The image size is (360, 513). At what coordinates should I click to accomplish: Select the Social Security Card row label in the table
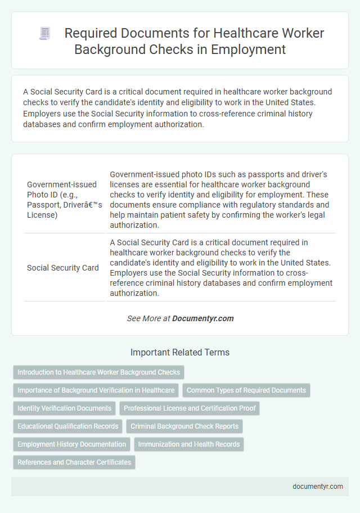click(63, 268)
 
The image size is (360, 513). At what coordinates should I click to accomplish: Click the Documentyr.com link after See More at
click(202, 318)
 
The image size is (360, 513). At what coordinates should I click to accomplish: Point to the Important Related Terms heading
click(180, 353)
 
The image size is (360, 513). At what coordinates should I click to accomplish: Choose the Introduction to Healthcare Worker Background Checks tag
click(98, 372)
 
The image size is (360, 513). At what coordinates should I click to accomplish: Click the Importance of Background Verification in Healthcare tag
click(96, 390)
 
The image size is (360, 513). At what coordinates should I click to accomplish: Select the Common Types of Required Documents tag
click(246, 390)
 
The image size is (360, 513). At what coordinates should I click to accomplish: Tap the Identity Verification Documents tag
click(65, 408)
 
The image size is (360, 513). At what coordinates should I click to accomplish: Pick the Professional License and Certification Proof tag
click(190, 408)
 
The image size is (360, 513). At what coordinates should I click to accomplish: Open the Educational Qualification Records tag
click(68, 426)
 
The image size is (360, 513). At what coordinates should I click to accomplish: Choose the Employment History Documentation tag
click(72, 444)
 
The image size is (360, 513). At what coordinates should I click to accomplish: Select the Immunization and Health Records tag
click(189, 444)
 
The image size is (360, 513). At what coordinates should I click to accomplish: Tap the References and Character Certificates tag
click(74, 462)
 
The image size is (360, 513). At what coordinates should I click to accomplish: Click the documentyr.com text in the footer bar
click(317, 487)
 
